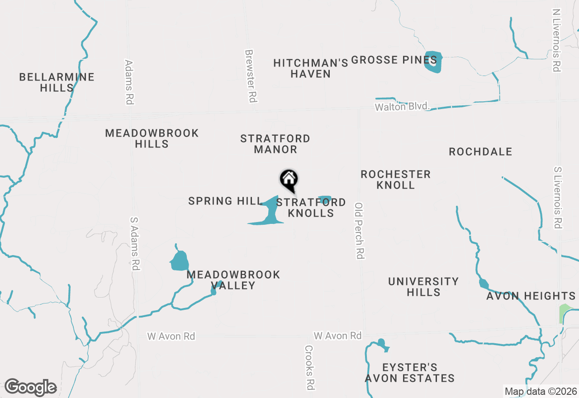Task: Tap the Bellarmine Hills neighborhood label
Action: click(57, 82)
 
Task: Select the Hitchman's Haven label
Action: click(311, 68)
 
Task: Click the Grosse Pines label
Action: click(394, 60)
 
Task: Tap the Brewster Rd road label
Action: click(251, 76)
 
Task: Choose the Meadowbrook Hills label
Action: click(152, 138)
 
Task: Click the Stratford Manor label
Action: click(275, 144)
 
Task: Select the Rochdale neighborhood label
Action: click(480, 152)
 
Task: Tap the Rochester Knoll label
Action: click(395, 180)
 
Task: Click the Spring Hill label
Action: click(226, 201)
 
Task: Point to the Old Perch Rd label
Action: click(360, 231)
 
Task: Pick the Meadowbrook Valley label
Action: click(233, 280)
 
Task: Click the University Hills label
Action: click(423, 287)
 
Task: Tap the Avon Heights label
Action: click(531, 296)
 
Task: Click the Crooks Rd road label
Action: click(309, 367)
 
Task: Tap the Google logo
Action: click(30, 388)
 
